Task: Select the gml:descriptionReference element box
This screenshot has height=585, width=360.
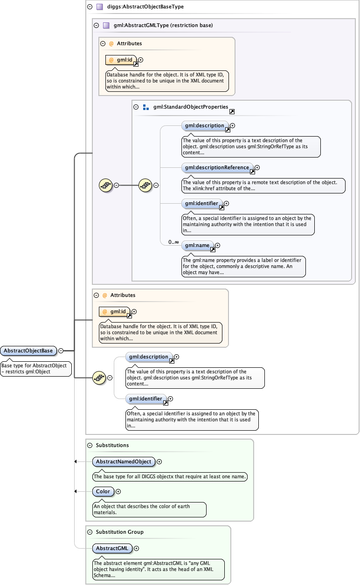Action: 217,167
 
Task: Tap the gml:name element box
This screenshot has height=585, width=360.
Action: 197,245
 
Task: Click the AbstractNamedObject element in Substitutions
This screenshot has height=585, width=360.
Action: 123,461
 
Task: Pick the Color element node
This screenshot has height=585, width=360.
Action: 103,491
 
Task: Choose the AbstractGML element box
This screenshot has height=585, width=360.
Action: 112,548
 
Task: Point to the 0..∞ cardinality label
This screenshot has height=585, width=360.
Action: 173,242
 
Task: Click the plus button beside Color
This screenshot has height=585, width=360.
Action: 118,491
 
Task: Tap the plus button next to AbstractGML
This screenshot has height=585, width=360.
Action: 137,548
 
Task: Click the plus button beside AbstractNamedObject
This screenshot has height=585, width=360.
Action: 159,461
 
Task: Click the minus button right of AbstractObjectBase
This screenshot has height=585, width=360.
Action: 61,351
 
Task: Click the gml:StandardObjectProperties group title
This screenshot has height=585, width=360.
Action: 190,107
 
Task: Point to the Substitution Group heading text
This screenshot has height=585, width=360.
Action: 119,532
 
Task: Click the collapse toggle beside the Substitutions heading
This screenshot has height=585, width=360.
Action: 90,445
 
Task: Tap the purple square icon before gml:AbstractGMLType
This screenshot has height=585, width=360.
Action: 106,26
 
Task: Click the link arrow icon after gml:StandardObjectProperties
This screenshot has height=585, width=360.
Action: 232,111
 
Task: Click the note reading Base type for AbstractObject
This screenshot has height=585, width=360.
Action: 36,369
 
